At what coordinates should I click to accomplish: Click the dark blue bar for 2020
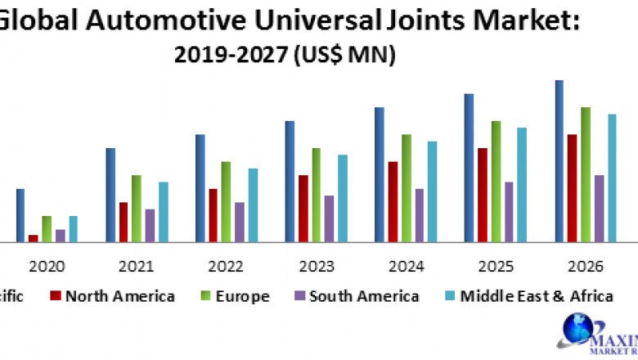pyautogui.click(x=20, y=215)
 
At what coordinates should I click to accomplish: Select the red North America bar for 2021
pyautogui.click(x=124, y=222)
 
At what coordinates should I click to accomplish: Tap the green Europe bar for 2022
pyautogui.click(x=226, y=201)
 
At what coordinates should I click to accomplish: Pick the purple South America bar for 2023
pyautogui.click(x=329, y=218)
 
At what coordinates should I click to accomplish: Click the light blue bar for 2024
pyautogui.click(x=432, y=191)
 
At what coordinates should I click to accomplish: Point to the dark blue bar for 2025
pyautogui.click(x=470, y=168)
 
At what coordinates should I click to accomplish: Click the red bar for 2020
pyautogui.click(x=34, y=238)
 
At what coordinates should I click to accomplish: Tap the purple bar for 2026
pyautogui.click(x=599, y=208)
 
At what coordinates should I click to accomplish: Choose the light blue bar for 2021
pyautogui.click(x=164, y=211)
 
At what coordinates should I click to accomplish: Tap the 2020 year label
pyautogui.click(x=47, y=267)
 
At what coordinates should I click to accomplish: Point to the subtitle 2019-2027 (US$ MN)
pyautogui.click(x=285, y=56)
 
